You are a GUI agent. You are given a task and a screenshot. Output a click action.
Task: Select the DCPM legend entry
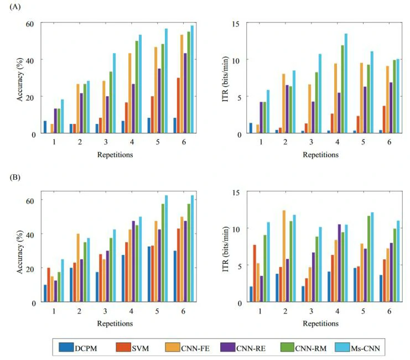coord(88,348)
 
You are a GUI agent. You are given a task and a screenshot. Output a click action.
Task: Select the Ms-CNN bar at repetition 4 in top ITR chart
coord(346,83)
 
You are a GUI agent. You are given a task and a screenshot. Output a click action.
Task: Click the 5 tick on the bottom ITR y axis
coord(239,265)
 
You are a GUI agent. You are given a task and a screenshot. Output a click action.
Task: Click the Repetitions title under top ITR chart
coord(320,155)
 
